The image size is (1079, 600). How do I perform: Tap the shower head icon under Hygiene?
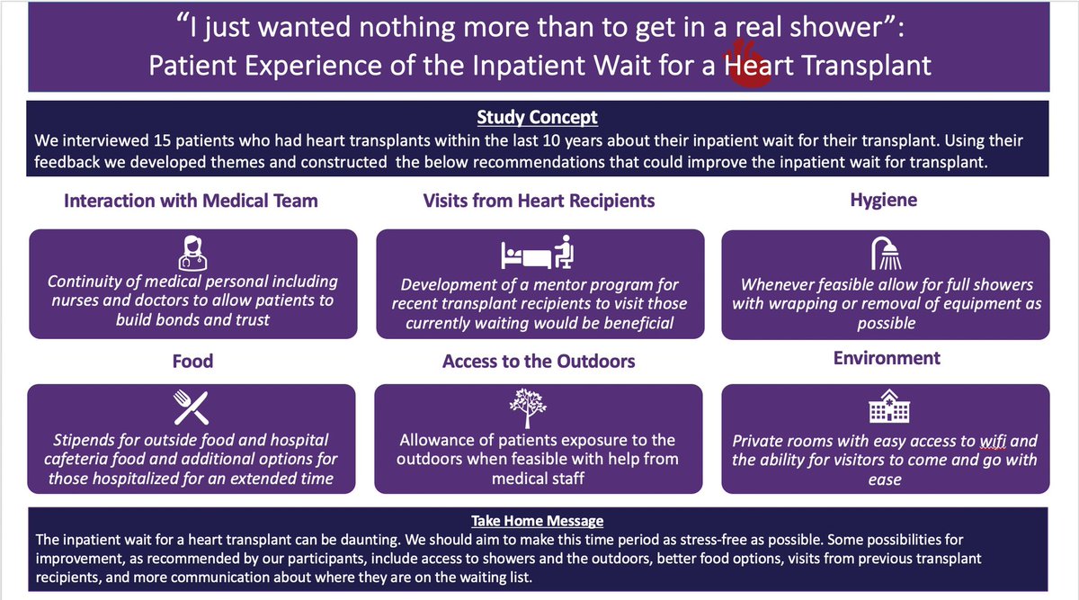pyautogui.click(x=885, y=254)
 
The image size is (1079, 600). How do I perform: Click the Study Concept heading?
pyautogui.click(x=538, y=118)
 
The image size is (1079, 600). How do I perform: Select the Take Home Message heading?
pyautogui.click(x=538, y=521)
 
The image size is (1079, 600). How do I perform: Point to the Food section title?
pyautogui.click(x=192, y=361)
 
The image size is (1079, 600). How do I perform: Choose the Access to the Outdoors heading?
pyautogui.click(x=539, y=362)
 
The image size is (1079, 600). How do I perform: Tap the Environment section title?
pyautogui.click(x=887, y=358)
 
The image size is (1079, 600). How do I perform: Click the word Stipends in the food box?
pyautogui.click(x=81, y=441)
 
